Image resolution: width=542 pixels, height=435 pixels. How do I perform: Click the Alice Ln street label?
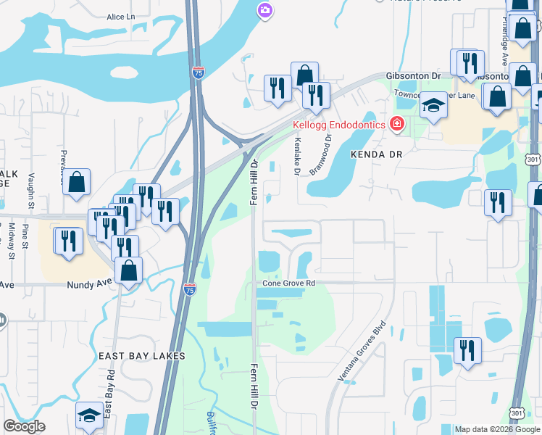(120, 16)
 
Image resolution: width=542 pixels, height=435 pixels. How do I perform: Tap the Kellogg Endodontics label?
(339, 125)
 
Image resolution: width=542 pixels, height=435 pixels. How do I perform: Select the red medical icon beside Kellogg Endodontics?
(396, 125)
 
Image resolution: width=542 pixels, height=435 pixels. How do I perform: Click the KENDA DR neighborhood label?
(375, 154)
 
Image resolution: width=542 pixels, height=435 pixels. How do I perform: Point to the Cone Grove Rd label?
(289, 283)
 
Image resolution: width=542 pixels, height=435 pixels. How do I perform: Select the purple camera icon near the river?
(265, 9)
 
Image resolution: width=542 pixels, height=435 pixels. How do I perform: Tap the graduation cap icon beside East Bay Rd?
(88, 415)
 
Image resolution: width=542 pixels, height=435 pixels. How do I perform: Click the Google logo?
(24, 426)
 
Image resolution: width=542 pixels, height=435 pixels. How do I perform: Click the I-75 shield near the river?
(199, 72)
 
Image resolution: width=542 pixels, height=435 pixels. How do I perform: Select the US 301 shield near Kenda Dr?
(533, 159)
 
